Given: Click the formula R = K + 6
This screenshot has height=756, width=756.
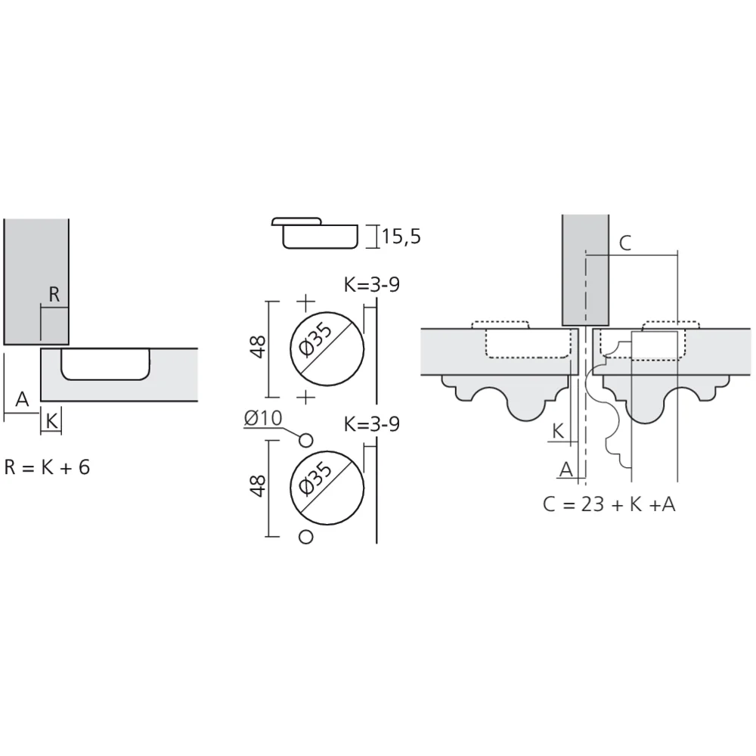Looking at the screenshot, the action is coord(47,467).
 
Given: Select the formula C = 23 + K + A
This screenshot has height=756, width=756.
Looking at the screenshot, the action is coord(609,504).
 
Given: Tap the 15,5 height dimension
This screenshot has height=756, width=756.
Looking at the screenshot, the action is coord(401,236).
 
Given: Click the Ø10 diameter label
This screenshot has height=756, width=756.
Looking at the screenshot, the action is coord(263,418).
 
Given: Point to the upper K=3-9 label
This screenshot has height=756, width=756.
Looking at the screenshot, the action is coord(372,284).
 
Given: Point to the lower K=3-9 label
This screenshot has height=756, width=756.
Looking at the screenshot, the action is coord(372,424).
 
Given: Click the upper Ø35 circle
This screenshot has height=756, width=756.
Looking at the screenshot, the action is coord(327,349).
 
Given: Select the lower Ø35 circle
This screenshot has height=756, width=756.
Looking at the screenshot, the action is coord(327,488).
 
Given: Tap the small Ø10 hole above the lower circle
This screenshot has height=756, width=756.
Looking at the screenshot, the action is coord(305,440).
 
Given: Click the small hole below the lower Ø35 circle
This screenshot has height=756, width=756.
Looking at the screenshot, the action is coord(305,537).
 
